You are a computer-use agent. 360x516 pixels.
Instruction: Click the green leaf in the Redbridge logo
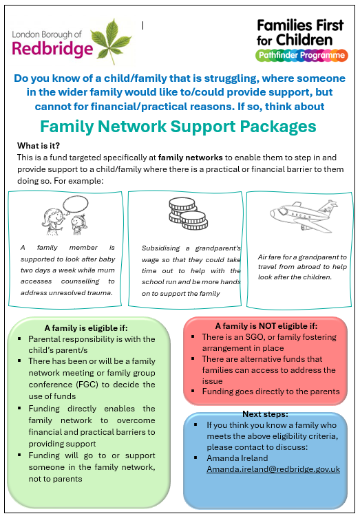click(x=112, y=39)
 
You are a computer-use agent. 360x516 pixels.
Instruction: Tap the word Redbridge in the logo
click(x=52, y=48)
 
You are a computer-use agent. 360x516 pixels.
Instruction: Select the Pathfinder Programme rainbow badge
click(x=301, y=55)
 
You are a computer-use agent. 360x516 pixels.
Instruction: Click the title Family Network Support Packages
click(x=178, y=127)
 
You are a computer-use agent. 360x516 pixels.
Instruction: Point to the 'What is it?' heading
click(x=39, y=145)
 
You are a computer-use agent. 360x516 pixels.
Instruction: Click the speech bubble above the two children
click(x=76, y=204)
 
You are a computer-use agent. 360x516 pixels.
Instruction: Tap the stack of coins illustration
click(x=188, y=213)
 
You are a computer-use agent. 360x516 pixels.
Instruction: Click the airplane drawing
click(x=304, y=215)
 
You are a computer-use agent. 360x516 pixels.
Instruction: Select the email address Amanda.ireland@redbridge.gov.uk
click(x=273, y=469)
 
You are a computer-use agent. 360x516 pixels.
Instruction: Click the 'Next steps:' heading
click(x=265, y=414)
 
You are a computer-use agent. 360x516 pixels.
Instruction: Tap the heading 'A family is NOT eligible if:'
click(x=266, y=326)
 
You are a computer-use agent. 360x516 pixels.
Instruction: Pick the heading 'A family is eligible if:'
click(x=86, y=328)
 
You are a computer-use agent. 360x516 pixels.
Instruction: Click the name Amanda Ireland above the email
click(x=237, y=458)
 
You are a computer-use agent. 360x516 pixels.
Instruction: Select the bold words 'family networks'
click(x=191, y=158)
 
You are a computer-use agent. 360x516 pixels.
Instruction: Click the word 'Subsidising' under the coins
click(x=161, y=248)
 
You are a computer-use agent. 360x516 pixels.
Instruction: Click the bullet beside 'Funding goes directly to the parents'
click(x=193, y=391)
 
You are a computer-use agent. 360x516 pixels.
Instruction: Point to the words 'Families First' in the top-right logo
click(x=300, y=25)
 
